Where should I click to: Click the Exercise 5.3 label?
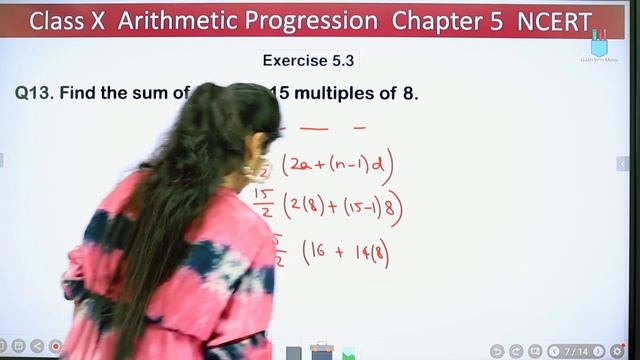tap(308, 61)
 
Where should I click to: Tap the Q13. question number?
tap(35, 94)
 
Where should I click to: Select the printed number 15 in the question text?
tap(279, 94)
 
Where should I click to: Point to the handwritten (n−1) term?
tap(349, 164)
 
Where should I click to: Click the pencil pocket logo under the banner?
tap(599, 45)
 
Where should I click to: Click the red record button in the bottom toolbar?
tap(55, 348)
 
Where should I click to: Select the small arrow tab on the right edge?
tap(623, 163)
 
